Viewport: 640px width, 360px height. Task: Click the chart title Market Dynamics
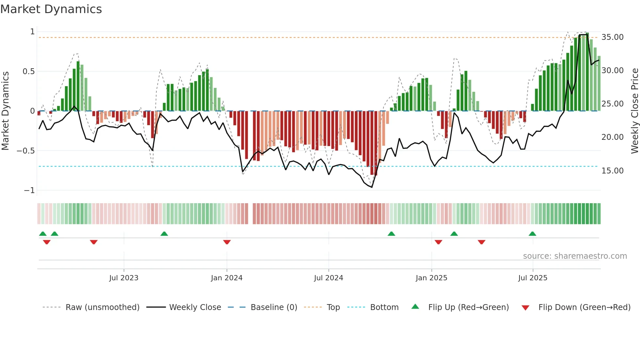(51, 9)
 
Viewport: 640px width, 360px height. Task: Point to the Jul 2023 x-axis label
(124, 278)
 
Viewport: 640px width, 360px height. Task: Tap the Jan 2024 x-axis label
(227, 278)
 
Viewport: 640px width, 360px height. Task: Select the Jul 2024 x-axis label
(328, 278)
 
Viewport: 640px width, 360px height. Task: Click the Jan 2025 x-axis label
(431, 278)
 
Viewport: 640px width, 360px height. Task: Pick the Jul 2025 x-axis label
(533, 278)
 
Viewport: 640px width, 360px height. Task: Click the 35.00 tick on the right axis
(613, 37)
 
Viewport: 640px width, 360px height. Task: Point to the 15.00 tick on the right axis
(613, 171)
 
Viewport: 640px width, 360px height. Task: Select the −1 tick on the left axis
(29, 190)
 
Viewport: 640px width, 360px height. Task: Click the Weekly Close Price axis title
(634, 111)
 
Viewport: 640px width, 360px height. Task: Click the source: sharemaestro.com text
(575, 256)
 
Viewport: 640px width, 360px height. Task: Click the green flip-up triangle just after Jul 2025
(532, 234)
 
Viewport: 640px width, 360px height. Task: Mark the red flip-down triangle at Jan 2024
(227, 242)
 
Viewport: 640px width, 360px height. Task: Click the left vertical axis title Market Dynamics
(5, 111)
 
